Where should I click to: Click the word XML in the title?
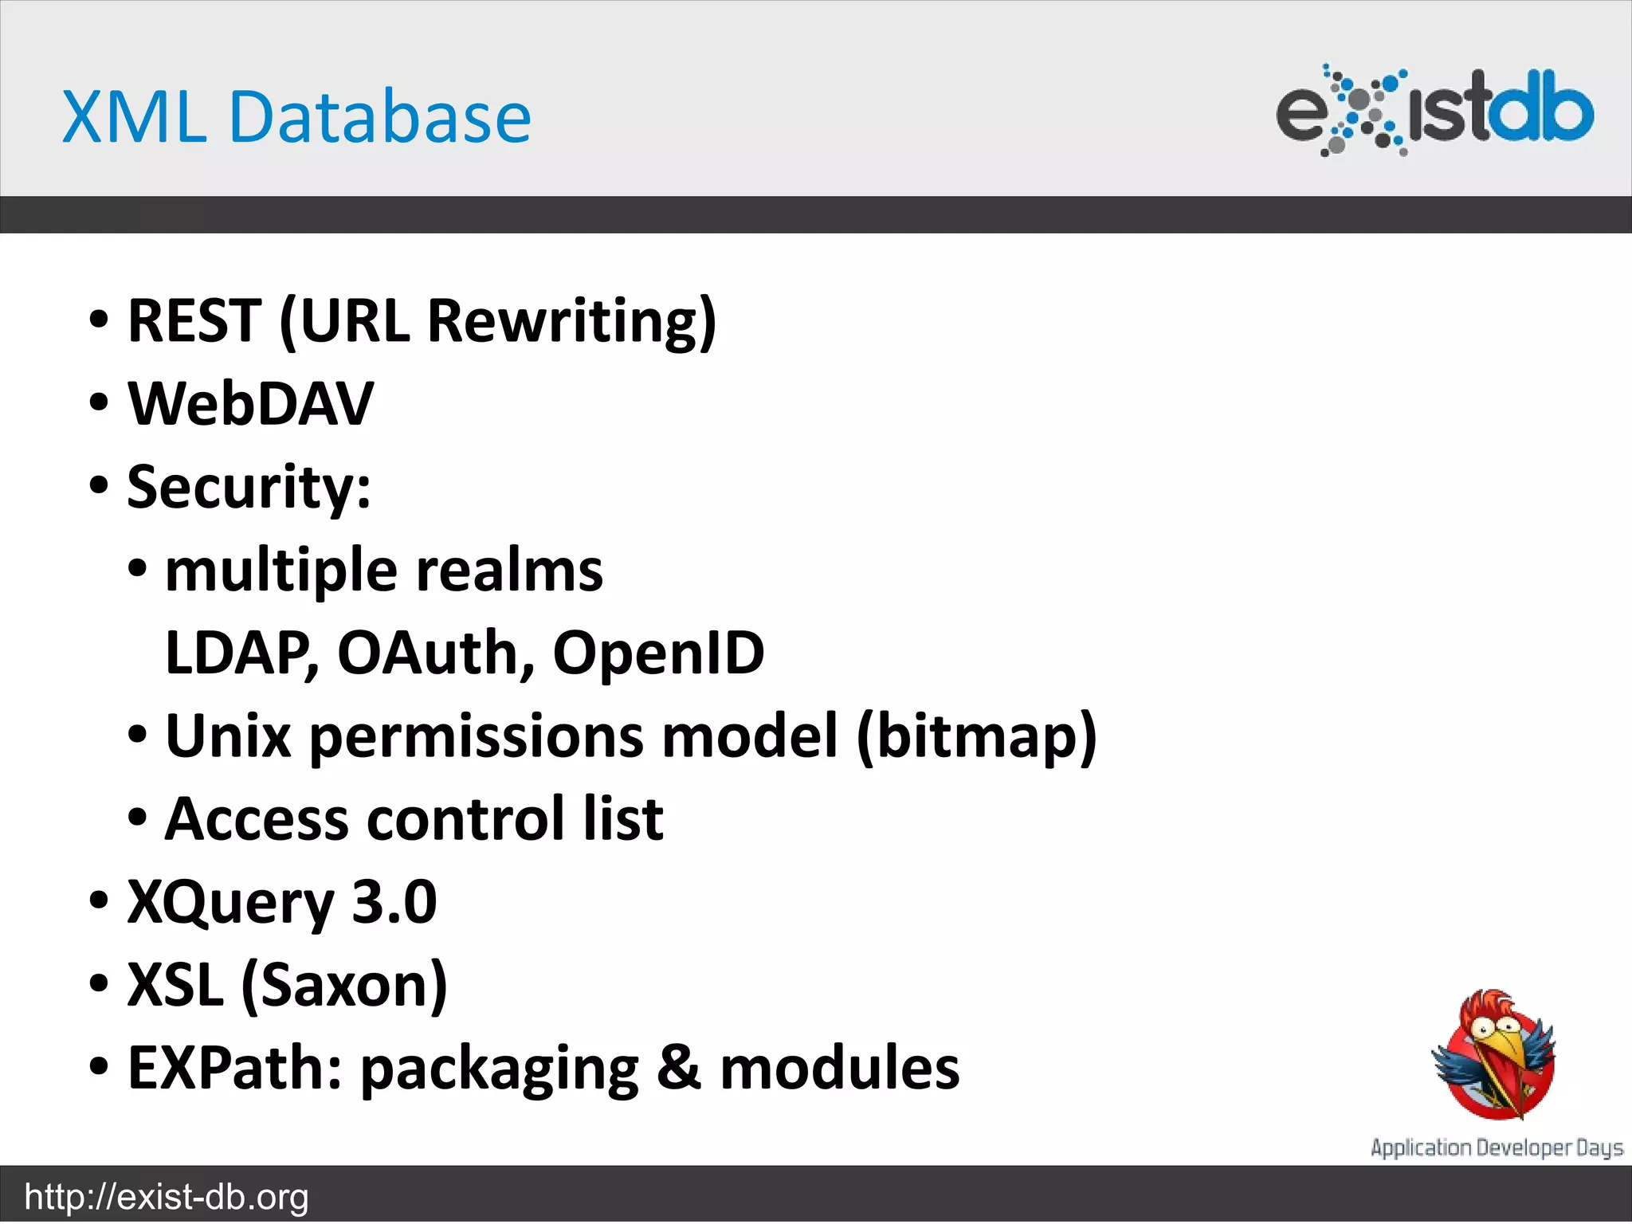click(x=134, y=117)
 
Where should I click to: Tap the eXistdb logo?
click(x=1434, y=110)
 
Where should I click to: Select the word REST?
click(x=194, y=320)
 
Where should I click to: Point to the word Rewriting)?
click(x=571, y=320)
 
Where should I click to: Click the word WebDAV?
click(x=250, y=404)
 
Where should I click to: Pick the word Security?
click(x=249, y=487)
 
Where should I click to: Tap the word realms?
click(x=509, y=571)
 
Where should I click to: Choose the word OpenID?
click(x=658, y=653)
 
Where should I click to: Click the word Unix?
click(x=228, y=736)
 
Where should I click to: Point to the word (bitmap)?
click(x=976, y=736)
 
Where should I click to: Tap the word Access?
click(x=257, y=819)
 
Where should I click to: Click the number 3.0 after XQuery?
click(x=394, y=902)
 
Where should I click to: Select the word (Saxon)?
click(x=344, y=986)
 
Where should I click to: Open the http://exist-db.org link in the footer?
click(x=167, y=1197)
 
